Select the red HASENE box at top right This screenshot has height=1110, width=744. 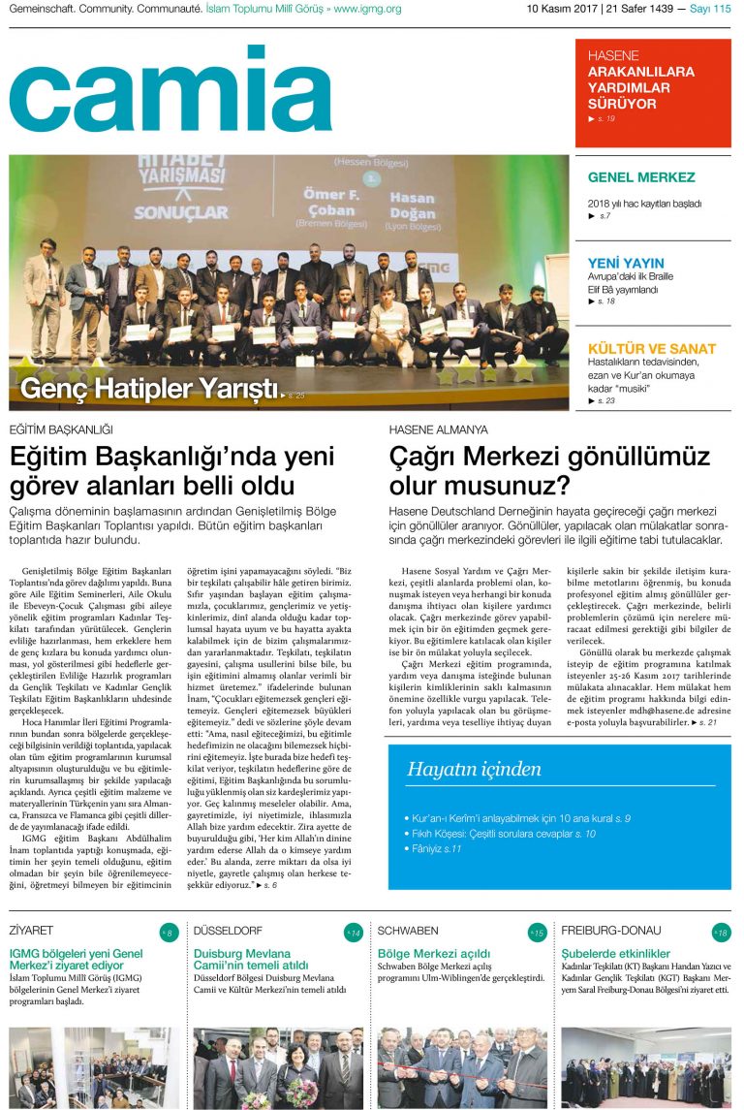(x=653, y=92)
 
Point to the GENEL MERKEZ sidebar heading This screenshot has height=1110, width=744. (x=641, y=177)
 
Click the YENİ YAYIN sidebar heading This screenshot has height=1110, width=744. (x=626, y=263)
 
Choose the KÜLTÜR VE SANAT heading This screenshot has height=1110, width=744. (x=652, y=348)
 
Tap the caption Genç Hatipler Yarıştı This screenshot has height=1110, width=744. (x=149, y=389)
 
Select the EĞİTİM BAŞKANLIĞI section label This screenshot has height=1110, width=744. (x=61, y=429)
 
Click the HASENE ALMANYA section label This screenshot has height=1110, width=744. (x=439, y=429)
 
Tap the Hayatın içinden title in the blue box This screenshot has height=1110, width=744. (x=474, y=770)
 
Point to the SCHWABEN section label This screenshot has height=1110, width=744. (x=408, y=930)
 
